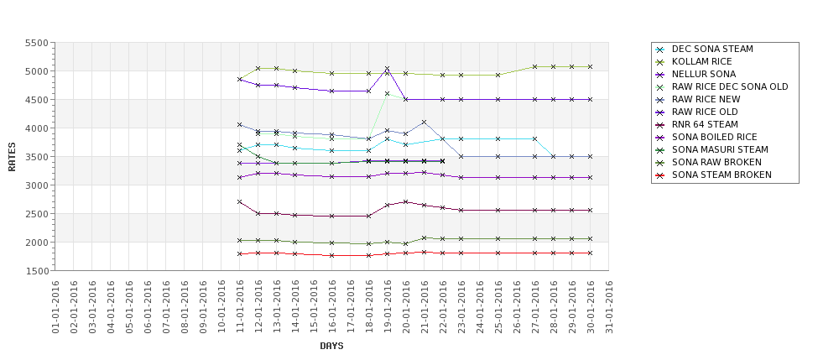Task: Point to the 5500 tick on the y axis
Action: [x=36, y=43]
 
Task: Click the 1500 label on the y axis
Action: [x=36, y=271]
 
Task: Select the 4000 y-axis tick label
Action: [x=36, y=128]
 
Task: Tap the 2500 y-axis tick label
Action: [x=36, y=214]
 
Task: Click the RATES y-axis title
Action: [x=12, y=157]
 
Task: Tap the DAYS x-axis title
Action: [x=331, y=346]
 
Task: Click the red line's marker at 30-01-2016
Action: [x=590, y=253]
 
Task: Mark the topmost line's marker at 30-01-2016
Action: [x=590, y=66]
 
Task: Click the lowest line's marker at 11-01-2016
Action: [x=240, y=253]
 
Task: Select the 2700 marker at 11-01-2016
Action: [x=240, y=202]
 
